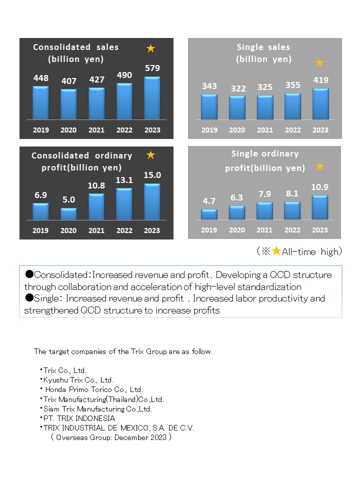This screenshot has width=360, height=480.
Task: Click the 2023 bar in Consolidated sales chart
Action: [x=152, y=98]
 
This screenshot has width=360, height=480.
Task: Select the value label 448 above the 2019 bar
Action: [x=41, y=78]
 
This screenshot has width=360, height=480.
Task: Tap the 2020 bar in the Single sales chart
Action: [x=237, y=107]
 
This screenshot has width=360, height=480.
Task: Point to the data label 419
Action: [x=321, y=80]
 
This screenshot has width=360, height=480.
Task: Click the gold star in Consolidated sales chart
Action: [x=150, y=48]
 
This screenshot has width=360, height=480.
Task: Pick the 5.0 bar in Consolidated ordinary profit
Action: [x=68, y=214]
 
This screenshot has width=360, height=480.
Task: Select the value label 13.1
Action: [x=124, y=180]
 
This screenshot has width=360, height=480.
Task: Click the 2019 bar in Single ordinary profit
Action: [x=209, y=214]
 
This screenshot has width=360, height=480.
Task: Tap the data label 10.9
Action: [x=320, y=187]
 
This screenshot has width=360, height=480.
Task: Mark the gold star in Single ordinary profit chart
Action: [x=319, y=166]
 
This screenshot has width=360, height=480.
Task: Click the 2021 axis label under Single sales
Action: [x=265, y=130]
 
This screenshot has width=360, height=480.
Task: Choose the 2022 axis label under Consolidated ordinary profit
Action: [x=124, y=230]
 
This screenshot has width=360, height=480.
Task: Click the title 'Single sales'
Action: [x=263, y=47]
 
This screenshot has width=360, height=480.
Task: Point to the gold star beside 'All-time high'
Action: [x=276, y=251]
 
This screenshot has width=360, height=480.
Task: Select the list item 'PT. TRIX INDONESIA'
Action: [x=79, y=418]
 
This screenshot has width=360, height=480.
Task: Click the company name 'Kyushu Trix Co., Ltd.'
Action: [x=78, y=380]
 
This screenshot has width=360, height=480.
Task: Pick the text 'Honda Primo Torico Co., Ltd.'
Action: [x=94, y=389]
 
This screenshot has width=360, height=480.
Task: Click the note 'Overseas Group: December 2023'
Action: [x=111, y=437]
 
